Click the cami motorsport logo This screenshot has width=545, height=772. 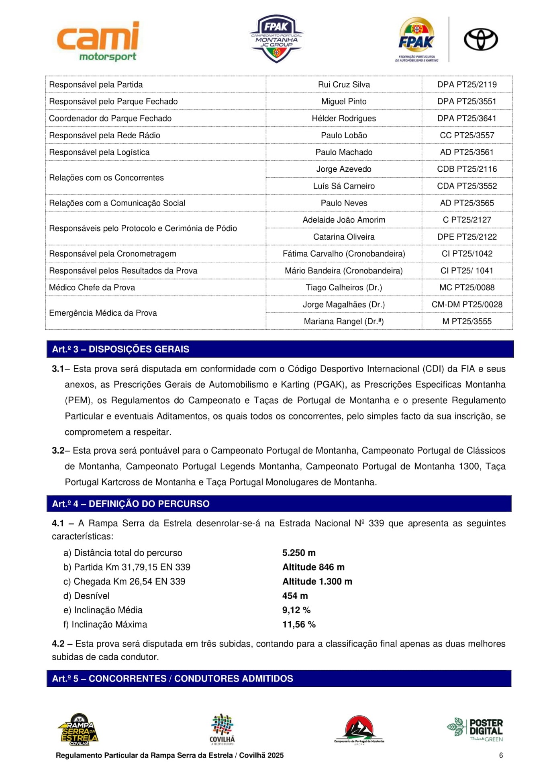98,41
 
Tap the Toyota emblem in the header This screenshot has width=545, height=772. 480,39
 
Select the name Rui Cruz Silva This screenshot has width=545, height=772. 344,84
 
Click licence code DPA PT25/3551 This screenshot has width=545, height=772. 467,101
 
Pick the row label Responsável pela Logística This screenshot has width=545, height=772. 99,152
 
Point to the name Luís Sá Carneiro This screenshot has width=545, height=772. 344,186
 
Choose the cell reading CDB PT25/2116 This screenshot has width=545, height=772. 467,169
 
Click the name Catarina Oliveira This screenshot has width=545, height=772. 344,237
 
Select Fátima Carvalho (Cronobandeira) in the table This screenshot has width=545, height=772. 344,254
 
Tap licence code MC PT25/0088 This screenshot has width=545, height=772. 467,287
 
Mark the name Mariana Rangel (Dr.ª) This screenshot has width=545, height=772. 344,321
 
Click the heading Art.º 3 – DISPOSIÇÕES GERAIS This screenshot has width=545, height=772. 120,349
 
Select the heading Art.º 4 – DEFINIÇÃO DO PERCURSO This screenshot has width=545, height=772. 131,504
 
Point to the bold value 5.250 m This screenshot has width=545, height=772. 299,553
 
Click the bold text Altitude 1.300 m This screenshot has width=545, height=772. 317,581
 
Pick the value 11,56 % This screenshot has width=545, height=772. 299,624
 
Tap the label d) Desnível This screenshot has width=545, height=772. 86,596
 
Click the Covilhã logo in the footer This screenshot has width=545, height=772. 222,729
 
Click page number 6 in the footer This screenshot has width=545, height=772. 501,756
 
